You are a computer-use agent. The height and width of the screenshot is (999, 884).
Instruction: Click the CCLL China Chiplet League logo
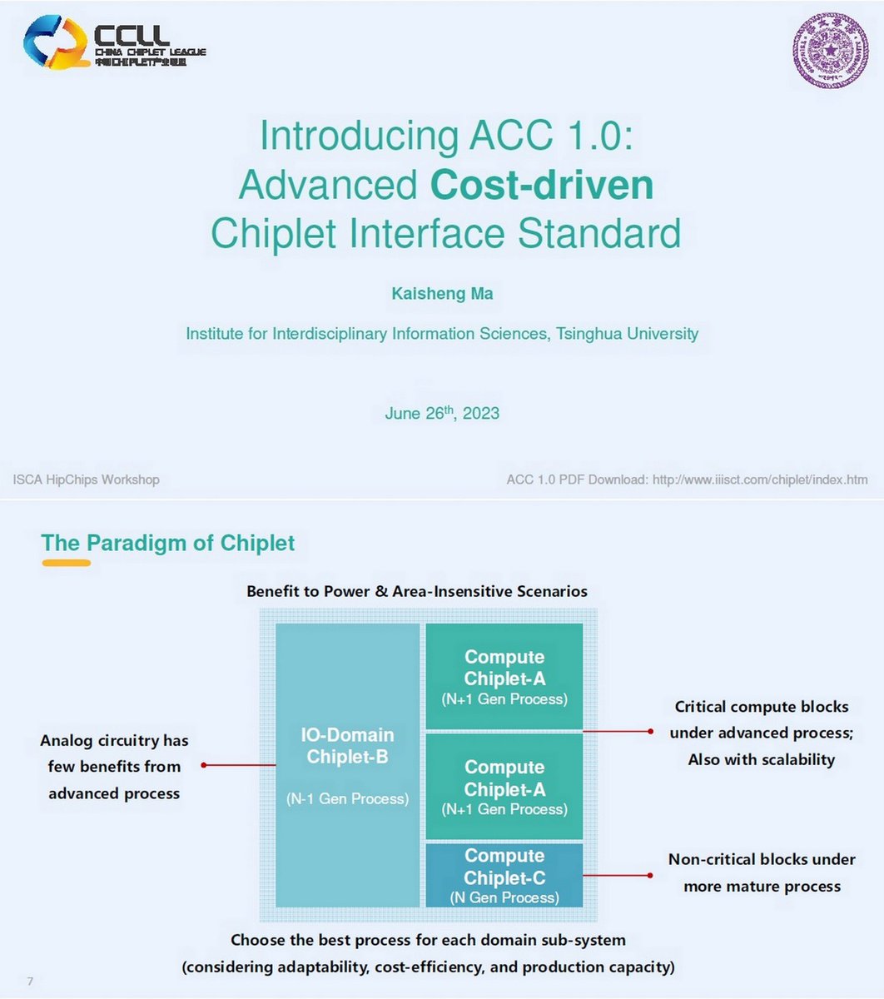coord(113,42)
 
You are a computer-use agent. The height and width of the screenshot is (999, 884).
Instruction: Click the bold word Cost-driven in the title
coord(542,185)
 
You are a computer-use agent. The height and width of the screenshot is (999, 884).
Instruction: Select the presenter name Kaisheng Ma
coord(442,294)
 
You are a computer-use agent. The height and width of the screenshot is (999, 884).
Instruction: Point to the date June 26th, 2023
coord(442,413)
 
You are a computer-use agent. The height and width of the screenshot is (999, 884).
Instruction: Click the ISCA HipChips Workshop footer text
coord(86,480)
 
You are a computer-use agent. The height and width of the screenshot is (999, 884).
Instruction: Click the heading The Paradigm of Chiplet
coord(168,544)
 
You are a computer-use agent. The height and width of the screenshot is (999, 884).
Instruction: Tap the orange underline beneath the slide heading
coord(66,564)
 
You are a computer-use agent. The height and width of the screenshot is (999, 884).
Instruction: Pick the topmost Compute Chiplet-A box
coord(504,676)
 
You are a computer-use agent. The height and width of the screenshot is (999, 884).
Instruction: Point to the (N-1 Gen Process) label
coord(347,799)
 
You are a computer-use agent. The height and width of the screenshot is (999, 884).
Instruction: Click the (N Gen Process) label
coord(504,897)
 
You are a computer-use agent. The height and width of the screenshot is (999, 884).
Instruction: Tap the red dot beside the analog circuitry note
coord(204,764)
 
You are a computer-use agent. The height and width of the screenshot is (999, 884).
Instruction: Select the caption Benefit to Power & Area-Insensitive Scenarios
coord(417,592)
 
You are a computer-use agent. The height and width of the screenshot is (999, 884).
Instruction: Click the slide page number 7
coord(30,982)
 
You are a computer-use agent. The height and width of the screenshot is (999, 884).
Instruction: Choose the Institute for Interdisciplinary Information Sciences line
coord(442,334)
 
